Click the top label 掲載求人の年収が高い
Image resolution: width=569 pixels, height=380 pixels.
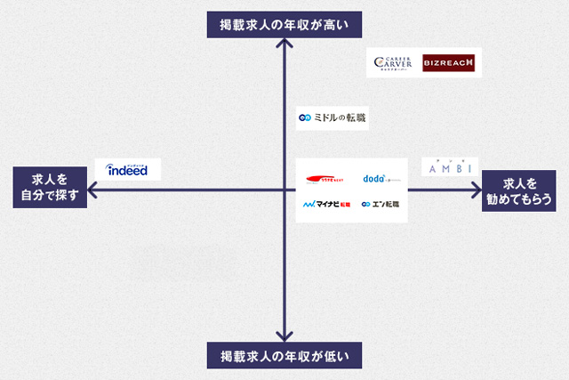tap(284, 24)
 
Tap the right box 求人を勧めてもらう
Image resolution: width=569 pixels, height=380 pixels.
tap(520, 187)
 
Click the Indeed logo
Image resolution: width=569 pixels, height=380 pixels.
tap(127, 169)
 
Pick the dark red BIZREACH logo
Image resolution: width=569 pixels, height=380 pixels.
tap(449, 62)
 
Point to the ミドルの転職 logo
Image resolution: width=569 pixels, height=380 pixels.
tap(333, 117)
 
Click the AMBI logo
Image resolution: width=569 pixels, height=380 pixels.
tap(449, 166)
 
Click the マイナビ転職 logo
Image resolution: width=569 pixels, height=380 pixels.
tap(326, 205)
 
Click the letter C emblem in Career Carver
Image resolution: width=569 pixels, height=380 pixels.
tap(380, 62)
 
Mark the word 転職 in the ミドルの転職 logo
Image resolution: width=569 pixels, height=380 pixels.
tap(356, 117)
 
